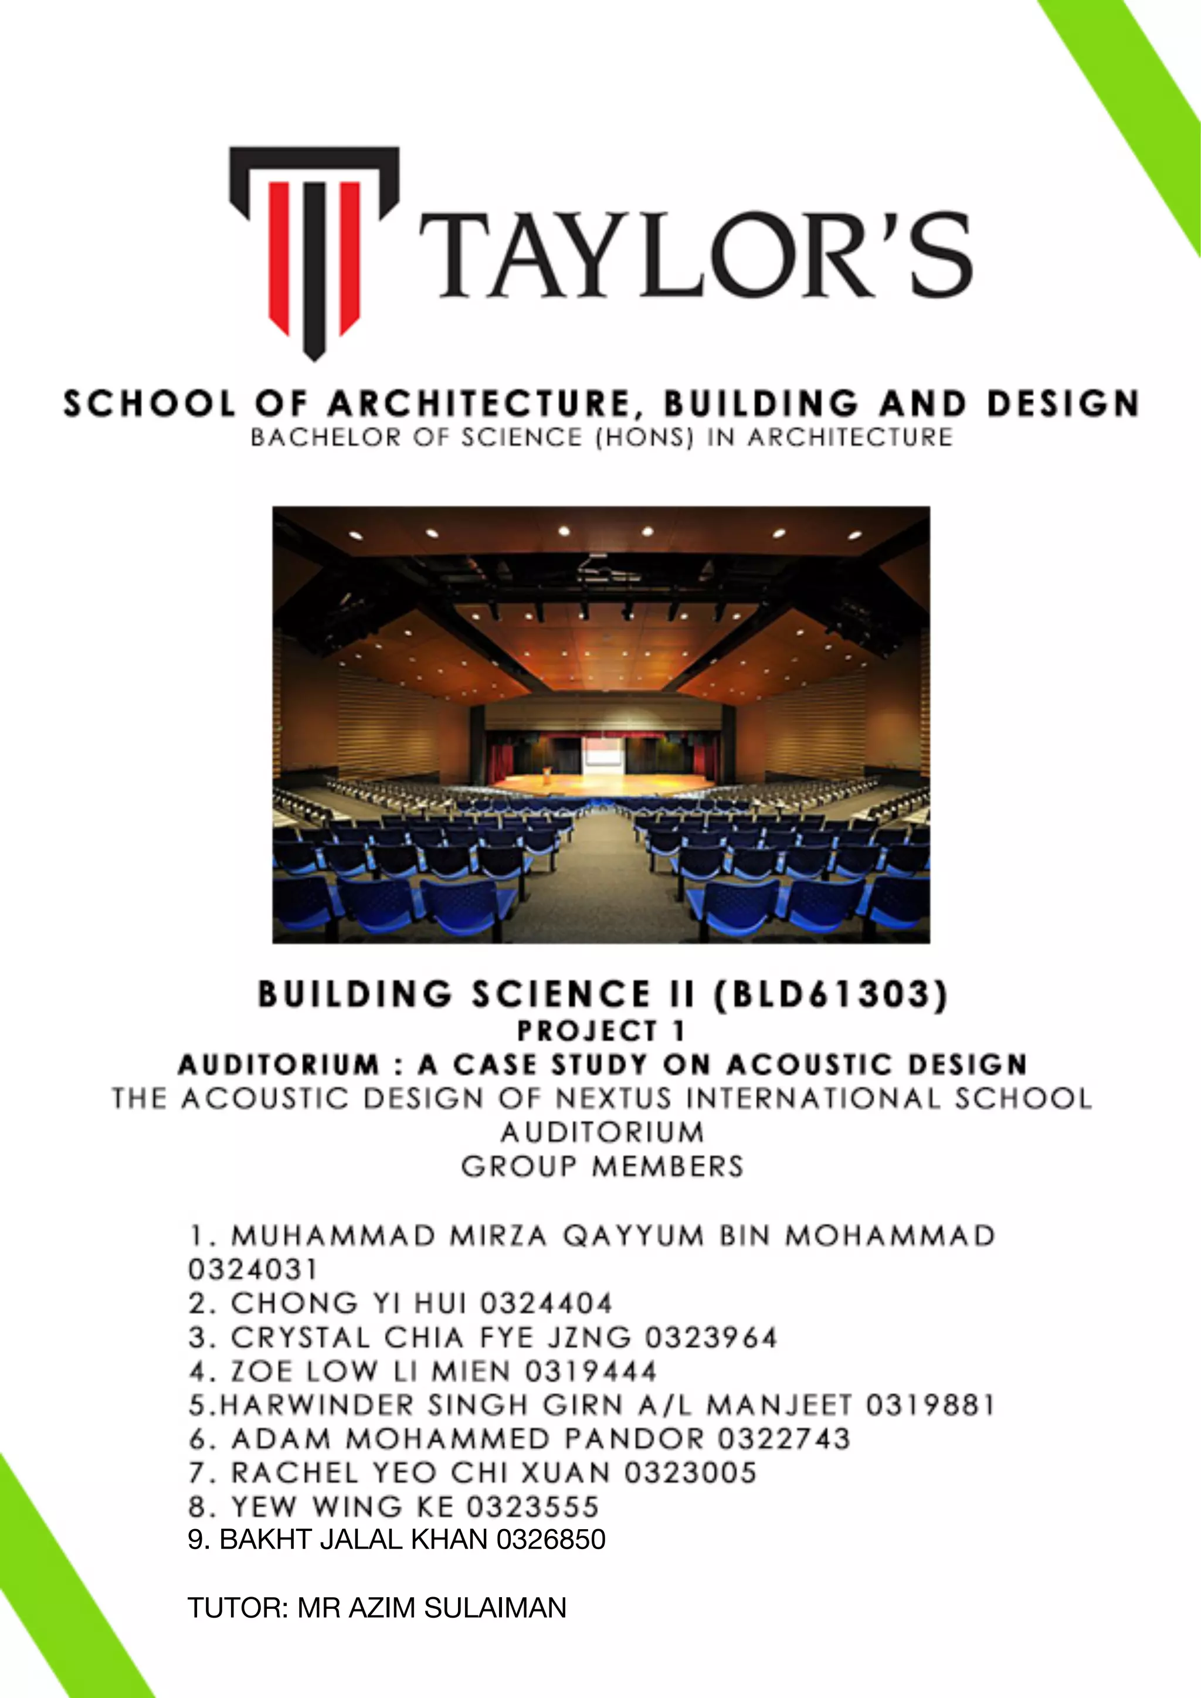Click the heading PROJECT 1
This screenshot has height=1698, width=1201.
coord(600,1030)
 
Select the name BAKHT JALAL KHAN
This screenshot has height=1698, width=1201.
coord(354,1539)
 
